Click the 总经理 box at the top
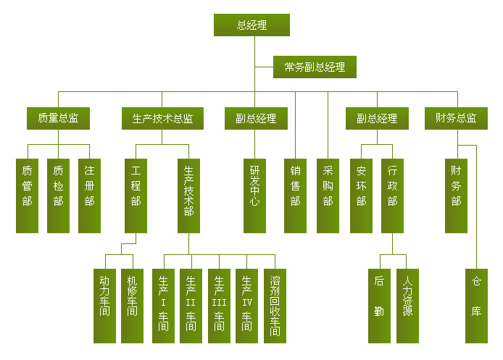click(251, 25)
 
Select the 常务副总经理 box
click(315, 67)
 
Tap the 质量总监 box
click(59, 118)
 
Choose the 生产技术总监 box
click(162, 118)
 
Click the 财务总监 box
click(456, 118)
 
